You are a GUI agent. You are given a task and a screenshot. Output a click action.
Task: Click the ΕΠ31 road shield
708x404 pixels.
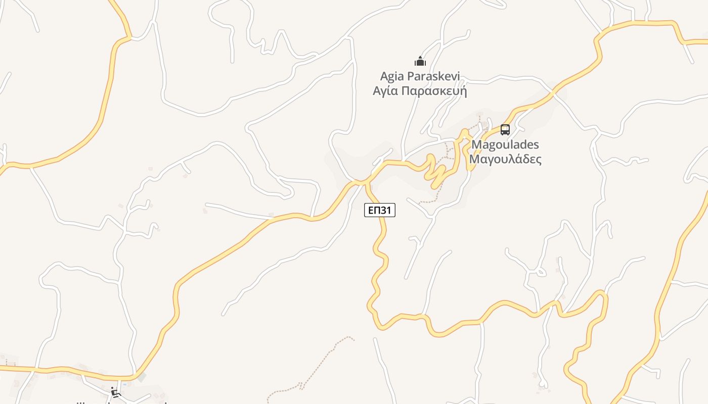click(379, 210)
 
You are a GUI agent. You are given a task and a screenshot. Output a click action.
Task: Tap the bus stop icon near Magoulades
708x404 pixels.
click(505, 130)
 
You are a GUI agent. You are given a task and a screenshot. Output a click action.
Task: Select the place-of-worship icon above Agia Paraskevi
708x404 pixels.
click(420, 62)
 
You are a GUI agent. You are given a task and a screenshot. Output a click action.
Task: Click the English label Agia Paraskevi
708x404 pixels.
click(420, 77)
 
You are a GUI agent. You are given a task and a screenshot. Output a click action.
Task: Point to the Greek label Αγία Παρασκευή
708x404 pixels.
click(420, 91)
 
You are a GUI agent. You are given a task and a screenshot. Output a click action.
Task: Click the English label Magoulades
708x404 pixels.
click(505, 145)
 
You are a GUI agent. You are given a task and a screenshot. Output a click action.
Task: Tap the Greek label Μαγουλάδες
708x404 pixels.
click(505, 160)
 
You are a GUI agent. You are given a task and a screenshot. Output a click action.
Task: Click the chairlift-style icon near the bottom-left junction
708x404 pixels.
click(116, 392)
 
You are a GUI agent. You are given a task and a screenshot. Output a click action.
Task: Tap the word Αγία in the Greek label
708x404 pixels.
click(385, 91)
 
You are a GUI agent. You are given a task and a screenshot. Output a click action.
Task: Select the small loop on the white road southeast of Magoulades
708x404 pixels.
click(541, 273)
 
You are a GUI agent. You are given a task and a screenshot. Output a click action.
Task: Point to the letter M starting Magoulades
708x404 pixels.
click(476, 145)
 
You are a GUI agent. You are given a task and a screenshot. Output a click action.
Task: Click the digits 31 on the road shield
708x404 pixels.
click(386, 210)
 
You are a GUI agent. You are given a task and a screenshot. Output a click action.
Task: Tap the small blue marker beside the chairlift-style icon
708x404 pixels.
click(125, 385)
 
